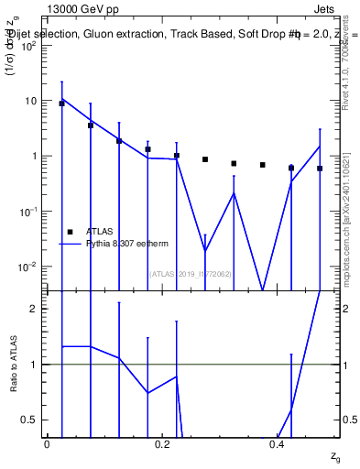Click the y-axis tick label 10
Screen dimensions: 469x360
point(34,101)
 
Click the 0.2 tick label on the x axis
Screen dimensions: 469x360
point(162,443)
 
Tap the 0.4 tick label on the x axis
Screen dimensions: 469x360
point(278,443)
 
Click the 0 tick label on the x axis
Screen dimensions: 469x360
point(47,443)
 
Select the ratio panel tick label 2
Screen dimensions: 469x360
point(37,309)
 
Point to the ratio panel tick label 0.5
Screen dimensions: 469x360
point(32,420)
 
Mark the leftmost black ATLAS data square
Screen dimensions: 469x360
point(61,104)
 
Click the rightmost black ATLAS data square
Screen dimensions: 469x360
point(320,169)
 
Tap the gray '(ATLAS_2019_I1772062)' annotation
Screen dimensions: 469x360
point(191,274)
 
